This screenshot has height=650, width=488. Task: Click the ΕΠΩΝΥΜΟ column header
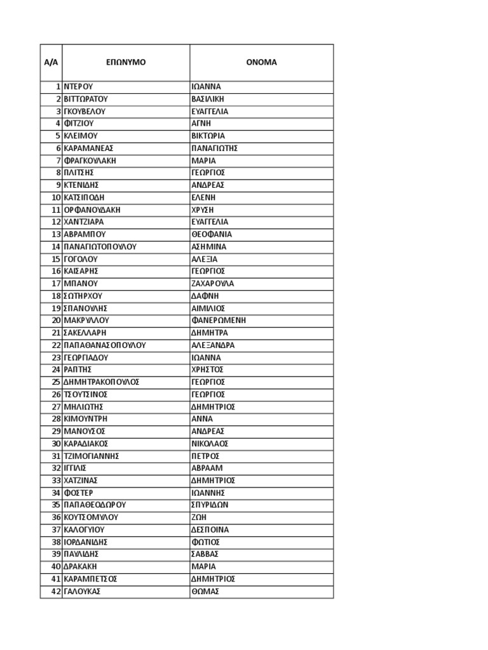click(126, 62)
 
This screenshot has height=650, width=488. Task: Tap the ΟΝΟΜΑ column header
click(261, 62)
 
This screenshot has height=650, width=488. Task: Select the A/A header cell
click(51, 62)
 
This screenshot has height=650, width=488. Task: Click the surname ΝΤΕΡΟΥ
click(79, 86)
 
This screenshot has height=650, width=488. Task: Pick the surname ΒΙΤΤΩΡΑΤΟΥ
click(86, 99)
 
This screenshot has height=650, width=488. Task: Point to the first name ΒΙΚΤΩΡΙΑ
click(208, 136)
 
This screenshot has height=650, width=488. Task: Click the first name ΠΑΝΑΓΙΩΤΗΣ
click(214, 148)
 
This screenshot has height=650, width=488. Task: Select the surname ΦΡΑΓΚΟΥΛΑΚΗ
click(90, 161)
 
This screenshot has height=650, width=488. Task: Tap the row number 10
click(56, 197)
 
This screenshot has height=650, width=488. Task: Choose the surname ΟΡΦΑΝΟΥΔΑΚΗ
click(92, 209)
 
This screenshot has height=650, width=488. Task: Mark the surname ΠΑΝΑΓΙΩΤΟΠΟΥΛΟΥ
click(100, 246)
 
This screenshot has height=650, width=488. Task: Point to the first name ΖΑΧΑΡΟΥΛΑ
click(213, 283)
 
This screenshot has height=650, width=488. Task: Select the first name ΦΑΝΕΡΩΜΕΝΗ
click(219, 320)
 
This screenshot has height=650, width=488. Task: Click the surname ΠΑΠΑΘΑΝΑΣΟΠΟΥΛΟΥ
click(105, 345)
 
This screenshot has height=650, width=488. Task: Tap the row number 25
click(56, 382)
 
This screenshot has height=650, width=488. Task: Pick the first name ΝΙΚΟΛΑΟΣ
click(210, 444)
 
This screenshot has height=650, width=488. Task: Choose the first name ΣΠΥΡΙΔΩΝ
click(210, 505)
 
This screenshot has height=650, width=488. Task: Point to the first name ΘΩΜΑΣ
click(205, 591)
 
